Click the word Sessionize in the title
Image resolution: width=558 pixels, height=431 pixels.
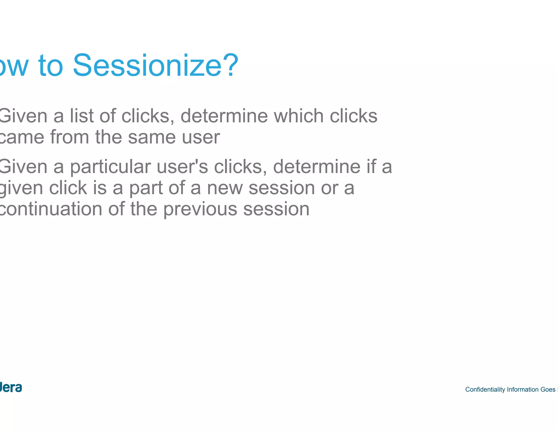[147, 65]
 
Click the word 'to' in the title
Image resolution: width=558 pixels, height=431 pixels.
[51, 66]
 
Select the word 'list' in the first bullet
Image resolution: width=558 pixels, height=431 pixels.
[82, 116]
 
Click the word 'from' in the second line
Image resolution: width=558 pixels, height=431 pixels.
[69, 137]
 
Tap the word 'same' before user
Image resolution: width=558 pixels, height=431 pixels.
[152, 137]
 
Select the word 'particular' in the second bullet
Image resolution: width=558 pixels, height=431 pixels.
[110, 167]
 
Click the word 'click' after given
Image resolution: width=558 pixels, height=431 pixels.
[68, 188]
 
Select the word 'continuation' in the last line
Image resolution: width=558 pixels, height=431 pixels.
[50, 209]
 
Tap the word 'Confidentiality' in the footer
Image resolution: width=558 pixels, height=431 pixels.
[485, 390]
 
